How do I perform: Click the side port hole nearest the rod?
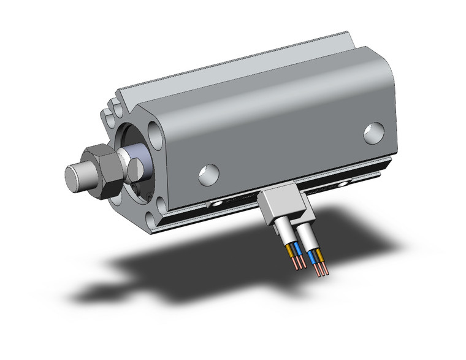click(x=209, y=174)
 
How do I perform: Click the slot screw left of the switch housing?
click(x=216, y=203)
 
